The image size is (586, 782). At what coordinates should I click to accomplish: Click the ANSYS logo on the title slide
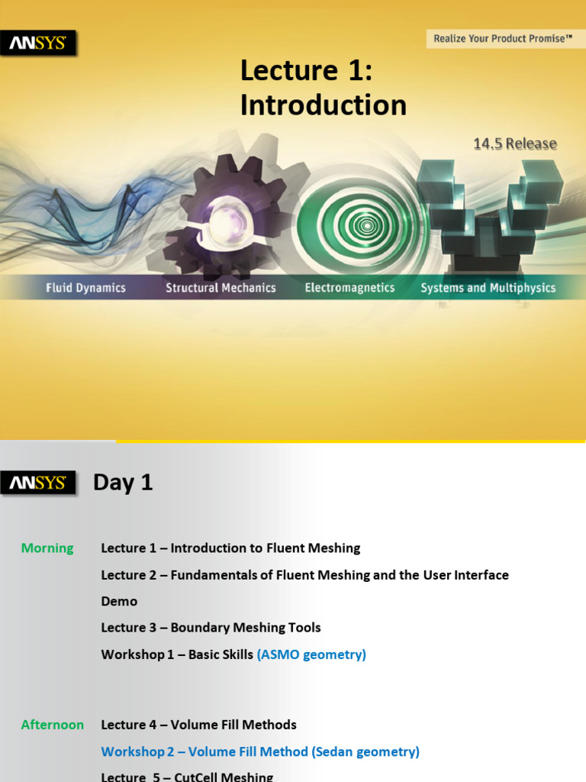point(37,43)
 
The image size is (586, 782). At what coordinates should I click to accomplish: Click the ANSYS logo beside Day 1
point(37,483)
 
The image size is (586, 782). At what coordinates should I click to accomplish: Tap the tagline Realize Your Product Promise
point(503,37)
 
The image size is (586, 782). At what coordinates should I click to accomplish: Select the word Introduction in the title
point(323,105)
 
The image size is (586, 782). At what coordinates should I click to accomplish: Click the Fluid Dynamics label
point(85,288)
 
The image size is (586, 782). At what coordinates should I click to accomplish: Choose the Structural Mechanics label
point(221,288)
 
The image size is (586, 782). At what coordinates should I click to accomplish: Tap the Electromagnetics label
point(349,288)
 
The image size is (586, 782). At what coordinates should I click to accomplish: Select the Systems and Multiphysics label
point(488,288)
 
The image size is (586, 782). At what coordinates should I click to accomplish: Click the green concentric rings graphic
point(366,225)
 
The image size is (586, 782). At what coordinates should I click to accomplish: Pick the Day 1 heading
point(123,483)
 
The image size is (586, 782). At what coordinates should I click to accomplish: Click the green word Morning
point(47,548)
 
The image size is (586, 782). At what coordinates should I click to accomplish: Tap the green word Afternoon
point(53,725)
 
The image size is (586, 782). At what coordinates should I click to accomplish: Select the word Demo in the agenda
point(119,602)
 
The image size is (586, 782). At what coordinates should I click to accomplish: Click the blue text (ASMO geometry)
point(311,654)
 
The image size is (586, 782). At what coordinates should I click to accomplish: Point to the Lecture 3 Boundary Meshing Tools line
point(211,628)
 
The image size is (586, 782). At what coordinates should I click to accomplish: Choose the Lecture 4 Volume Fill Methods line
point(198,725)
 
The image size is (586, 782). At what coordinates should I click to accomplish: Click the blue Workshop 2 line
point(260,751)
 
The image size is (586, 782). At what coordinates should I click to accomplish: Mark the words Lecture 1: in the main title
point(306,71)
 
